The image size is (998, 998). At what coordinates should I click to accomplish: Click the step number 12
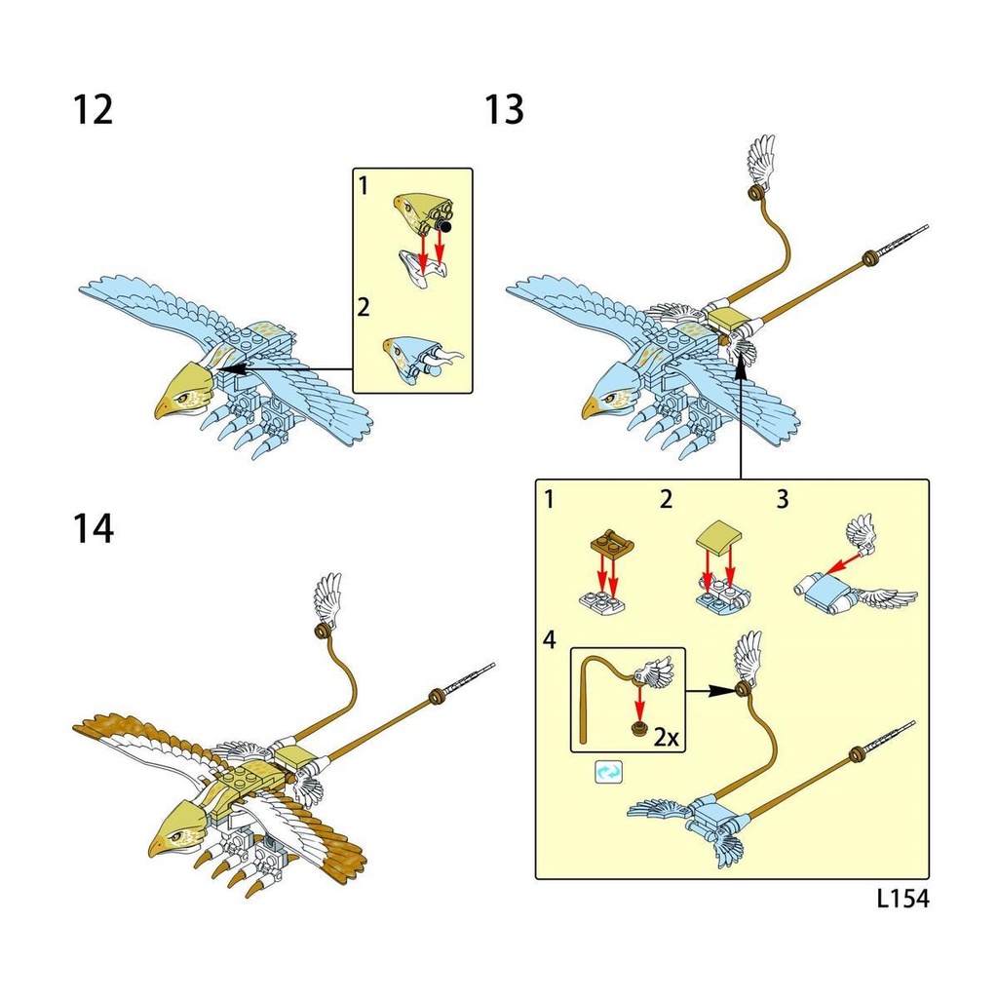94,109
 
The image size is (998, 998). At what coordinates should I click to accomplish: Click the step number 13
505,109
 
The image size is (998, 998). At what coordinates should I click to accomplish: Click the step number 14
94,529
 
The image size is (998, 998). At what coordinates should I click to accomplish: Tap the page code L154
902,899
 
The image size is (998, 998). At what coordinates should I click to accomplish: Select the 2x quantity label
666,737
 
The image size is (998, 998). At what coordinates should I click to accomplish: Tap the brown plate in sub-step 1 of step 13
610,542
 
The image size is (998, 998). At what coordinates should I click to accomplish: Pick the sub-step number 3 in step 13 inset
782,501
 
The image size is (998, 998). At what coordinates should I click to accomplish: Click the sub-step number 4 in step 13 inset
550,640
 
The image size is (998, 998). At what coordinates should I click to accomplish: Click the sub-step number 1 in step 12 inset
363,185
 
